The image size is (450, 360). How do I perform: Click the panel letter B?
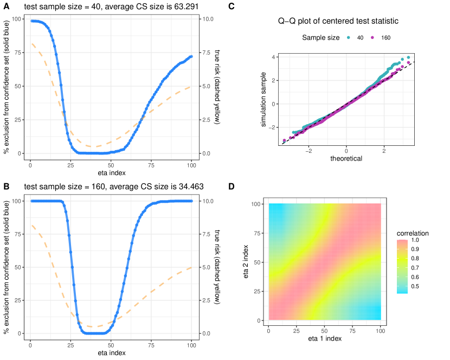coord(7,187)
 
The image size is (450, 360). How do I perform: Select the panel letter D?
coord(232,187)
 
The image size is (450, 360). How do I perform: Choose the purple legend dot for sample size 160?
coord(372,38)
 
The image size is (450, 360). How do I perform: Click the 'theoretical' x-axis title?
coord(346,158)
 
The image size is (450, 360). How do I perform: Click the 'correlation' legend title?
coord(413,233)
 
